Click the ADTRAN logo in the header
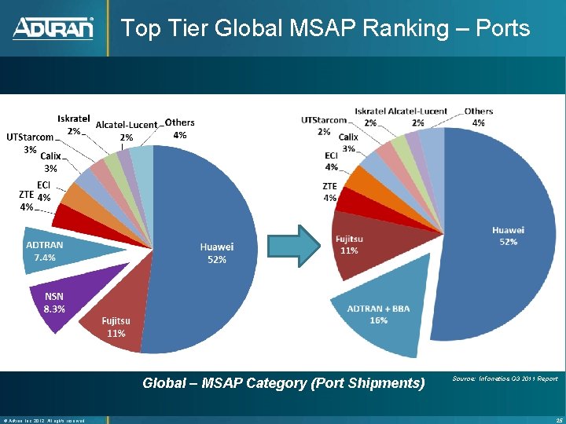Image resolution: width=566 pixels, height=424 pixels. (x=53, y=28)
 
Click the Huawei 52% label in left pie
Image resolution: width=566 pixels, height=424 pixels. (x=216, y=253)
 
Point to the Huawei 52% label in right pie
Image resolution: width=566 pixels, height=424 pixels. (x=508, y=236)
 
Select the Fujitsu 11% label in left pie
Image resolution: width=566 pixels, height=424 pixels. (x=116, y=327)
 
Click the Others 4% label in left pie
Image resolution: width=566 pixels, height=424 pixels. (x=179, y=129)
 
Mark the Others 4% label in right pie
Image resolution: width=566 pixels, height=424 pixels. (x=478, y=116)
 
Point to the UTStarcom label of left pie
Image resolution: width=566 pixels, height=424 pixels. (x=30, y=137)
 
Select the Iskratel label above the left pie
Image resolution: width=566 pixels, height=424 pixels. (x=73, y=119)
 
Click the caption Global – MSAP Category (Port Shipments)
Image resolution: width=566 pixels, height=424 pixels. (x=283, y=383)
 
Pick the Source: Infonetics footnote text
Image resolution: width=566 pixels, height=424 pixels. (x=505, y=379)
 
